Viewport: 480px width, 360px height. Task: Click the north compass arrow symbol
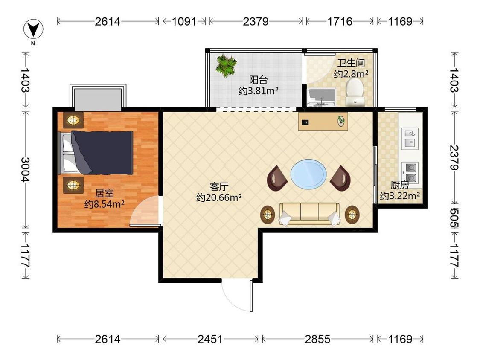click(33, 29)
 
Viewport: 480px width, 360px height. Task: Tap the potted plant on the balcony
click(226, 66)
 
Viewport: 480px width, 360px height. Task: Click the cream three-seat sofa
click(309, 214)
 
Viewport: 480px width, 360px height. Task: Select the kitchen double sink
click(410, 138)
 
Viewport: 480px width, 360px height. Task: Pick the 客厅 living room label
click(219, 186)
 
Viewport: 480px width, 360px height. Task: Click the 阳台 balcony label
click(259, 80)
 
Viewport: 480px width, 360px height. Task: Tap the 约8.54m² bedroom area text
click(105, 204)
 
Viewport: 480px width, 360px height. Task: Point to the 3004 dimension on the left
click(26, 169)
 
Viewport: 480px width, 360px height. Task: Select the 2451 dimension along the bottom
click(210, 339)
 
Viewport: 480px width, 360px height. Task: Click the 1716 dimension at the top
click(340, 21)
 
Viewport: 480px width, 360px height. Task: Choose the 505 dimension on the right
click(454, 218)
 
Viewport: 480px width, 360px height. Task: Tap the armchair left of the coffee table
click(277, 178)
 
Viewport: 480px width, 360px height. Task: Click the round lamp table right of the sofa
click(352, 215)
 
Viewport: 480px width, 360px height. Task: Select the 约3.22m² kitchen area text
click(400, 196)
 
